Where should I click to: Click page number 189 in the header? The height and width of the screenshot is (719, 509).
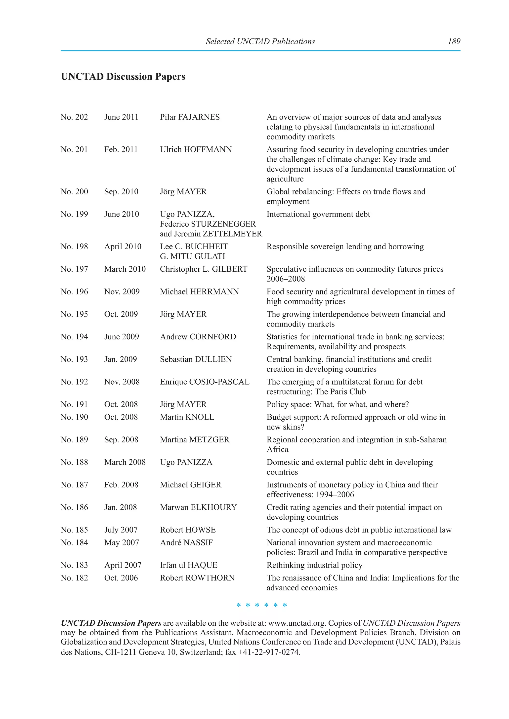coord(454,41)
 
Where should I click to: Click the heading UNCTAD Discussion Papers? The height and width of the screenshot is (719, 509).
coord(123,76)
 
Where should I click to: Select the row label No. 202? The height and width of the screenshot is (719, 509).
coord(74,117)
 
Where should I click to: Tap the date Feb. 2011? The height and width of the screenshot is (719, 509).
coord(121,149)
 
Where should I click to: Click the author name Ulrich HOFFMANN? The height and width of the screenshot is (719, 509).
coord(196,149)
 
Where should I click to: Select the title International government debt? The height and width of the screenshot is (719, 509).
coord(318,214)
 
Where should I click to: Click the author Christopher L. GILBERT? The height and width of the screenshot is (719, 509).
coord(203,269)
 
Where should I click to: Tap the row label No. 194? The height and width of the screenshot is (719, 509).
coord(74,337)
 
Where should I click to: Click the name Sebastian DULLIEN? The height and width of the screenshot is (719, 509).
coord(196,359)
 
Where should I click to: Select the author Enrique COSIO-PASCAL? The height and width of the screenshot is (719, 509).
coord(204,382)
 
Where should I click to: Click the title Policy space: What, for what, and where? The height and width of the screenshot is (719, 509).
coord(338,404)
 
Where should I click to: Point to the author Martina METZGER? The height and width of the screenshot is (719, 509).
coord(194,439)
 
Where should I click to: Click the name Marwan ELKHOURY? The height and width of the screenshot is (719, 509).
coord(198,507)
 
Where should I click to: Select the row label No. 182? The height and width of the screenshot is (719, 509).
coord(74,578)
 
